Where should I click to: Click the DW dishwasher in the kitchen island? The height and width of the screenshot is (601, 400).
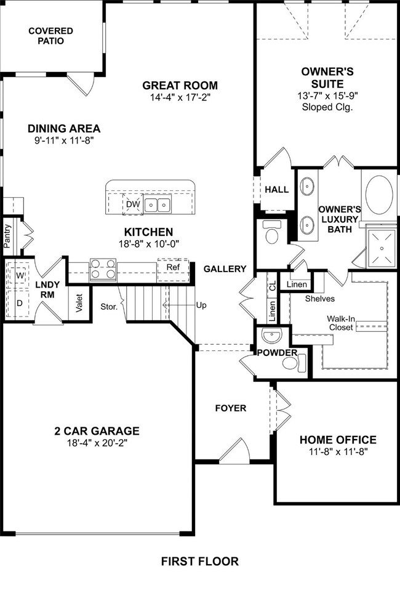pyautogui.click(x=133, y=204)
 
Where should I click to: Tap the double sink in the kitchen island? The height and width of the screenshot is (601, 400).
pyautogui.click(x=158, y=205)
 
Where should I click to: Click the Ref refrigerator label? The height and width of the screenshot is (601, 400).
pyautogui.click(x=173, y=267)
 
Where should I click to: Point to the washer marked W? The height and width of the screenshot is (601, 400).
pyautogui.click(x=20, y=276)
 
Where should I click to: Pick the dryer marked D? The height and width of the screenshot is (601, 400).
pyautogui.click(x=20, y=303)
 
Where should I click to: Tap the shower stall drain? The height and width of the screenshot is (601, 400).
pyautogui.click(x=382, y=248)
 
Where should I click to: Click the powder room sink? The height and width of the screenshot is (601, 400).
pyautogui.click(x=272, y=336)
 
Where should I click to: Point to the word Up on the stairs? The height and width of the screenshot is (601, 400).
pyautogui.click(x=201, y=305)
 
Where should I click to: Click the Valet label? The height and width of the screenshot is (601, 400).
pyautogui.click(x=79, y=303)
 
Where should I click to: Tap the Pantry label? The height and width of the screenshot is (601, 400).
pyautogui.click(x=7, y=236)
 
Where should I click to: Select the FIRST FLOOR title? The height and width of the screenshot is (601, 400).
pyautogui.click(x=199, y=562)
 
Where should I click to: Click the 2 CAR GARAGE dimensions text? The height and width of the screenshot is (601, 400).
pyautogui.click(x=97, y=443)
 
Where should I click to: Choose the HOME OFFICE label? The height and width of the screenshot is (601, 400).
pyautogui.click(x=338, y=440)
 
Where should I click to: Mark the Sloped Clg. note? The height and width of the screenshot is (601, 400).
pyautogui.click(x=327, y=107)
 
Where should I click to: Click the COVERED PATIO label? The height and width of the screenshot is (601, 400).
pyautogui.click(x=50, y=36)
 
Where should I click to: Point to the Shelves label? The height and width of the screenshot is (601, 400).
pyautogui.click(x=320, y=299)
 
